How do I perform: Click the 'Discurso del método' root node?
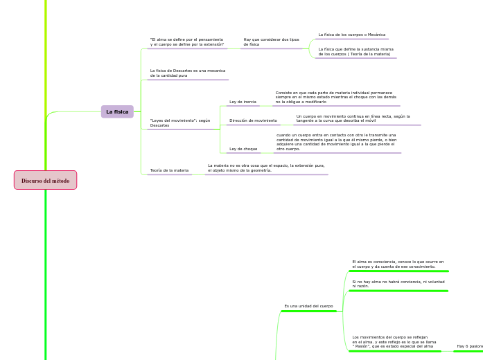tap(45, 181)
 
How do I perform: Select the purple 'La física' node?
tap(117, 111)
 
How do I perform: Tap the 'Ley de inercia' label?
tap(243, 102)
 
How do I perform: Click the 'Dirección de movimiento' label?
tap(253, 120)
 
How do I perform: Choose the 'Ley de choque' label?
tap(243, 149)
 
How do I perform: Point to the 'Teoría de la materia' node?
tap(169, 170)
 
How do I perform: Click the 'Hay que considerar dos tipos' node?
tap(271, 42)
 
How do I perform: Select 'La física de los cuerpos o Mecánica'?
tap(351, 35)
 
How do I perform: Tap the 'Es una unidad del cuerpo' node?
tap(308, 306)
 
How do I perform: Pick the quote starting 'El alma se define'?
tap(187, 42)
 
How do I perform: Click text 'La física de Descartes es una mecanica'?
tap(188, 73)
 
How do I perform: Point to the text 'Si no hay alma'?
tap(397, 284)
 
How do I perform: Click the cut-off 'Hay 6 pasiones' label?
tap(469, 345)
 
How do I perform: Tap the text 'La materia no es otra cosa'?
tap(266, 168)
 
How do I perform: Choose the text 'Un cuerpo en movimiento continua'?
tap(353, 118)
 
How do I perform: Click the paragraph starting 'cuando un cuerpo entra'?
tap(336, 142)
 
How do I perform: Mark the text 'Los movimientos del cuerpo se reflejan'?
tap(394, 341)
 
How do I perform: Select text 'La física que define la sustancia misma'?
tap(355, 51)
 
